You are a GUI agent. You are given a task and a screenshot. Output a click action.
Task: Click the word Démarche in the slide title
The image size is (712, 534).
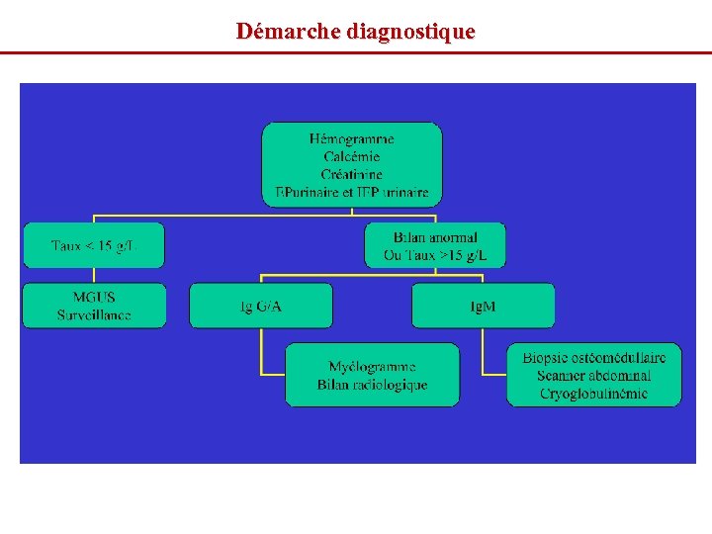290,32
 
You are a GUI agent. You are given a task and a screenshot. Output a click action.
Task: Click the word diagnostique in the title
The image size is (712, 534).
410,32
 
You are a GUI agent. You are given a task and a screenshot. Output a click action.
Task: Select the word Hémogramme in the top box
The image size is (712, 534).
351,139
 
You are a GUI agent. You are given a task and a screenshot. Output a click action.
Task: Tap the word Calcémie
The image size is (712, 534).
351,156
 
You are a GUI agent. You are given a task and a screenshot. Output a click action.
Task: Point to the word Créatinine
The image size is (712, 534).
351,174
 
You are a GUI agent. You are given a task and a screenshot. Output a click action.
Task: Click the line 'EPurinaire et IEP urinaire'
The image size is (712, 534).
351,192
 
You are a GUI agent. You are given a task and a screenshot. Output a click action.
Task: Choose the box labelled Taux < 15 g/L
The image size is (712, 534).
93,245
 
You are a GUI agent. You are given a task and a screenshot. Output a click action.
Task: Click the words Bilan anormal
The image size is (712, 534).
435,237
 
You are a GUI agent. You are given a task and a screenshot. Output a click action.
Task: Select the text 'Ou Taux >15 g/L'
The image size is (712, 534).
435,255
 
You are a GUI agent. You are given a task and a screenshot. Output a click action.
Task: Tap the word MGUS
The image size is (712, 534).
93,298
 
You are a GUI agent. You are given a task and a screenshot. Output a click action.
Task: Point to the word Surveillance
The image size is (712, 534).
93,315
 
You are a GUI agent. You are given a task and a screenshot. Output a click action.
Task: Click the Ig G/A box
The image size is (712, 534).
261,306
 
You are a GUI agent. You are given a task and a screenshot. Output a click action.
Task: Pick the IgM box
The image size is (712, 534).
483,306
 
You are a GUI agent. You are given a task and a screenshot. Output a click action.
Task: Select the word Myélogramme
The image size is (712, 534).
372,367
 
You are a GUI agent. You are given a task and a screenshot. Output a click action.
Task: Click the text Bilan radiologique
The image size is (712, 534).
372,385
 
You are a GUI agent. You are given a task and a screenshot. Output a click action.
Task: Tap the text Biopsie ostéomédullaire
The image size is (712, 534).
593,358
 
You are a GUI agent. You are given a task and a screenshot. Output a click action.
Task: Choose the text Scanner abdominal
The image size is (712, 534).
593,376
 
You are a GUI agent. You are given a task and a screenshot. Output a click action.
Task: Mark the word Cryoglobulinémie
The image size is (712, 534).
593,394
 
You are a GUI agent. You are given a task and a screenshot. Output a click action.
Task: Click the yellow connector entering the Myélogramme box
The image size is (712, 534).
273,375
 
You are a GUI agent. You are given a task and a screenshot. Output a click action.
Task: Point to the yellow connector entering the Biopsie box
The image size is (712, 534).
494,375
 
